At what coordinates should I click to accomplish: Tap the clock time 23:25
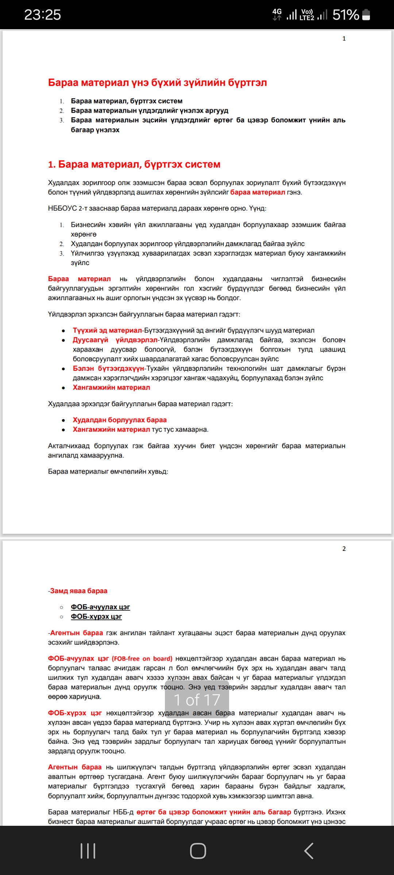tap(42, 15)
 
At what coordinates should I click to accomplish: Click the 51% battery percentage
tap(345, 15)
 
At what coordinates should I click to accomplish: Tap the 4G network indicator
tap(277, 14)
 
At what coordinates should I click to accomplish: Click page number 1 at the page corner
tap(344, 39)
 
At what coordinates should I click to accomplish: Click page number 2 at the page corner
tap(344, 549)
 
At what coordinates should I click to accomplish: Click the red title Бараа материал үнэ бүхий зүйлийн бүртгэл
tap(157, 83)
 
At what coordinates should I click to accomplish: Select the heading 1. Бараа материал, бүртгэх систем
tap(134, 164)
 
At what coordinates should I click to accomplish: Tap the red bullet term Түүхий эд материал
tap(107, 330)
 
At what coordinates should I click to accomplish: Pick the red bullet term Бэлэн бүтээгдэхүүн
tap(108, 368)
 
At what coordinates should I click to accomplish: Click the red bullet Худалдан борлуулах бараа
tap(119, 420)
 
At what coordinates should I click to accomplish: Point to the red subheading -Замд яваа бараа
tap(78, 591)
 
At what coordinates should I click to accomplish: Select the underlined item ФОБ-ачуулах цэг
tap(100, 607)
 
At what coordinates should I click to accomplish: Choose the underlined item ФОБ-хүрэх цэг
tap(96, 616)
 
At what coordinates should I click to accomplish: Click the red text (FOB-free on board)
tap(142, 658)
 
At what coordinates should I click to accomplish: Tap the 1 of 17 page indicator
tap(197, 700)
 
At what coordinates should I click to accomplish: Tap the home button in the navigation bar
tap(198, 851)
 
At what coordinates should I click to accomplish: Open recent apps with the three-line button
tap(88, 851)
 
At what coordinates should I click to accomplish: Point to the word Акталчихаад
tap(69, 446)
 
